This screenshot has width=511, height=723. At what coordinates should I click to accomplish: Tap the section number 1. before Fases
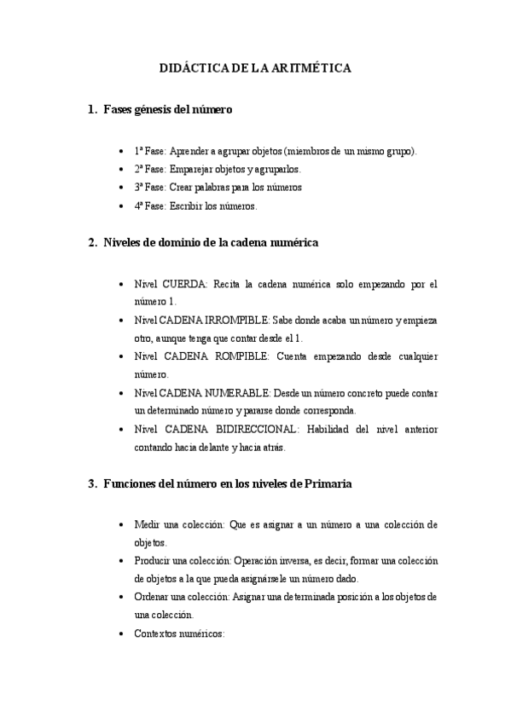click(93, 109)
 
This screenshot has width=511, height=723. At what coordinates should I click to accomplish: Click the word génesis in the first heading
click(154, 109)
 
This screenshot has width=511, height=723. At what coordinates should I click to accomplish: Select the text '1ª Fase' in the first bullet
click(149, 151)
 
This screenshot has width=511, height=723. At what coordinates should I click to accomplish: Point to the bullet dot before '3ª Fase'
click(124, 188)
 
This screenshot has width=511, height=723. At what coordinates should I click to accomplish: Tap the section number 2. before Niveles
click(93, 243)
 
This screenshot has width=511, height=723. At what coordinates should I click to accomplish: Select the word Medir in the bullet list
click(148, 524)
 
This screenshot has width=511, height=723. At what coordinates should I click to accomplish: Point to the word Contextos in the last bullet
click(156, 634)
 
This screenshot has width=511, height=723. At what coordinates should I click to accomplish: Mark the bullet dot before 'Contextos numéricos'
click(124, 634)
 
